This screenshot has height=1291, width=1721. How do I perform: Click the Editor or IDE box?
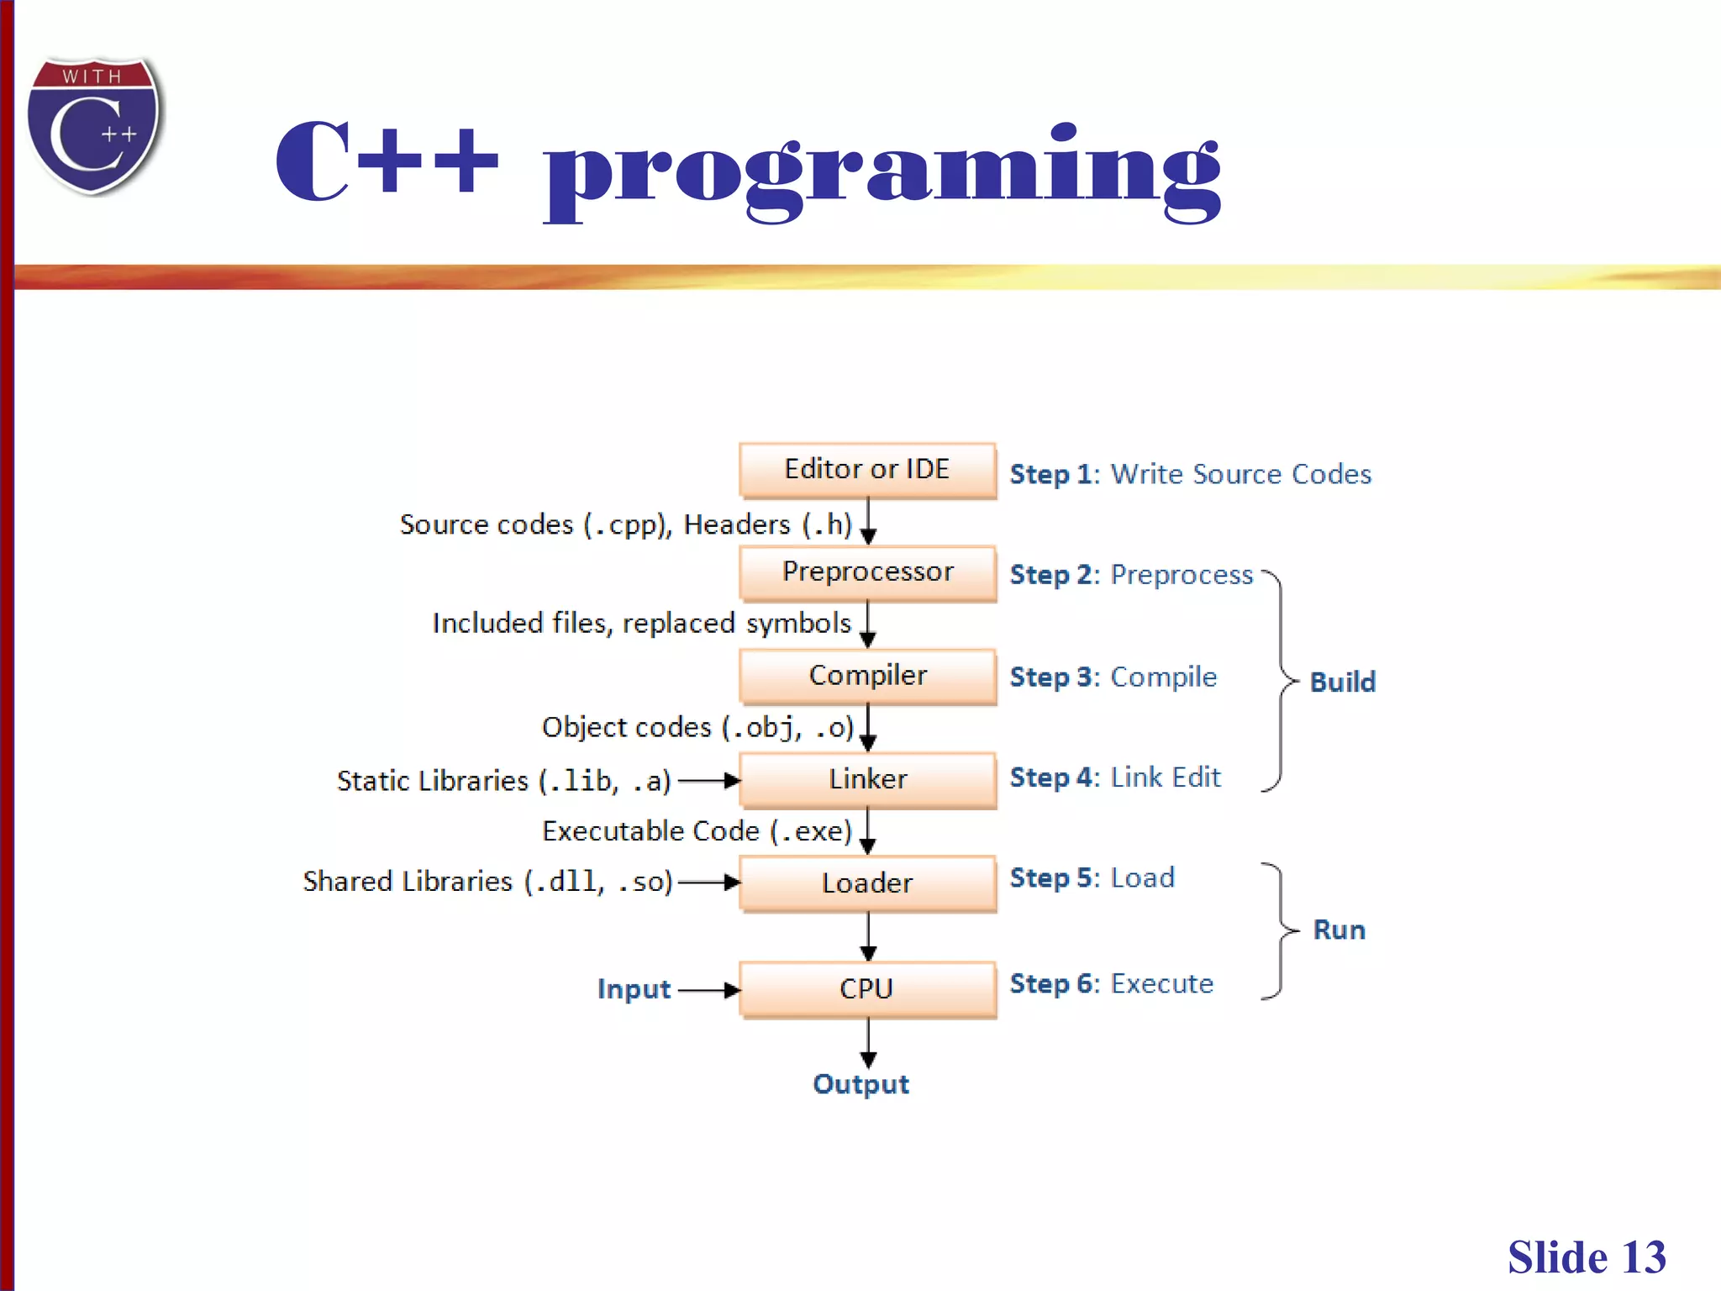(x=867, y=470)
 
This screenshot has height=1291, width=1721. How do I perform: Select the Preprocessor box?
(x=867, y=572)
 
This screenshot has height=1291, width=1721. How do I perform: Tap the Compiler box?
(x=867, y=676)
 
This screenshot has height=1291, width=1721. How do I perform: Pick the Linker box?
(x=867, y=779)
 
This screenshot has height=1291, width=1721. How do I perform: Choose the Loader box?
(x=867, y=883)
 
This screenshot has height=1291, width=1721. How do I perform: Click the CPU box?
(x=867, y=988)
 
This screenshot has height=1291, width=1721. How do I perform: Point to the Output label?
(x=860, y=1084)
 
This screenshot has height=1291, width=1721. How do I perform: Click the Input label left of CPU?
(x=634, y=989)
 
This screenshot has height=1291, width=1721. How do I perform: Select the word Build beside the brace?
(x=1342, y=682)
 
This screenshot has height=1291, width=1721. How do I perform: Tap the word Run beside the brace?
(x=1339, y=930)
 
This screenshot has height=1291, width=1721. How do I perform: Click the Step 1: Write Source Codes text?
(x=1190, y=474)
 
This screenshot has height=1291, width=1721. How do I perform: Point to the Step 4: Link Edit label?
(x=1114, y=777)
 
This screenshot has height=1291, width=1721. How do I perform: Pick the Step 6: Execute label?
(x=1111, y=983)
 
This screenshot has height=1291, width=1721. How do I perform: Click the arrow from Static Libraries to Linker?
(x=708, y=781)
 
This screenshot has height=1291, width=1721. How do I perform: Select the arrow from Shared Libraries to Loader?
(x=708, y=883)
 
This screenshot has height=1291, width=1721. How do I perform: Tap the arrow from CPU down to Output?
(x=868, y=1042)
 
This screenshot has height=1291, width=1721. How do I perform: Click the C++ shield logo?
(x=94, y=126)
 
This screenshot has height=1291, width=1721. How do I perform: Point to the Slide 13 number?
(x=1586, y=1257)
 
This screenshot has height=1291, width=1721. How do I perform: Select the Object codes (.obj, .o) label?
(x=697, y=727)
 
